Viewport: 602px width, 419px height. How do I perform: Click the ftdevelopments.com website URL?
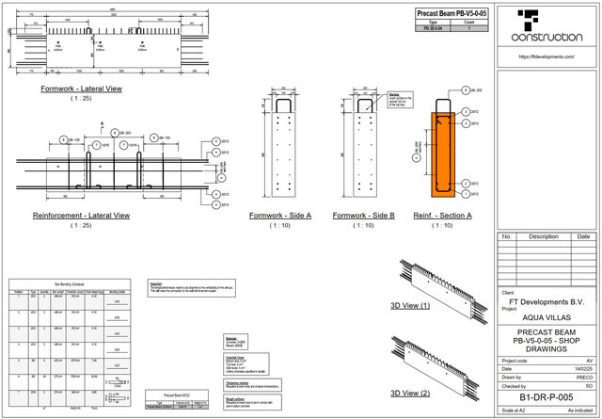tap(547, 56)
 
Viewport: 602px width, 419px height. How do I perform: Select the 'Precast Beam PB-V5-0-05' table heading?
tap(451, 14)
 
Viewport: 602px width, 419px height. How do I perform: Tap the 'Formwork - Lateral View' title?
tap(81, 89)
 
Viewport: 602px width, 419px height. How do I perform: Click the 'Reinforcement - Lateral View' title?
tap(81, 216)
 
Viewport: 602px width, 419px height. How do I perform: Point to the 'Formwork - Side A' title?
tap(280, 216)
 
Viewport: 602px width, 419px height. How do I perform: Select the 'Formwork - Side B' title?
tap(364, 216)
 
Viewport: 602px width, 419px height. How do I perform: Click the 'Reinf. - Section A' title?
tap(442, 216)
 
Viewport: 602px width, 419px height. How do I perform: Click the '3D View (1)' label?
tap(410, 306)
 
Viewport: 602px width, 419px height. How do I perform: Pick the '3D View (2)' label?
tap(410, 392)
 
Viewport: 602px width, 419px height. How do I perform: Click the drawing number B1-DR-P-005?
tap(547, 398)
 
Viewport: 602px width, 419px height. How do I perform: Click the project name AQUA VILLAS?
tap(547, 317)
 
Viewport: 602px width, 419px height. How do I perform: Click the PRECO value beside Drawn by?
tap(582, 377)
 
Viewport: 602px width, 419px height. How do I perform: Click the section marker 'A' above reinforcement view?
tap(101, 122)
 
